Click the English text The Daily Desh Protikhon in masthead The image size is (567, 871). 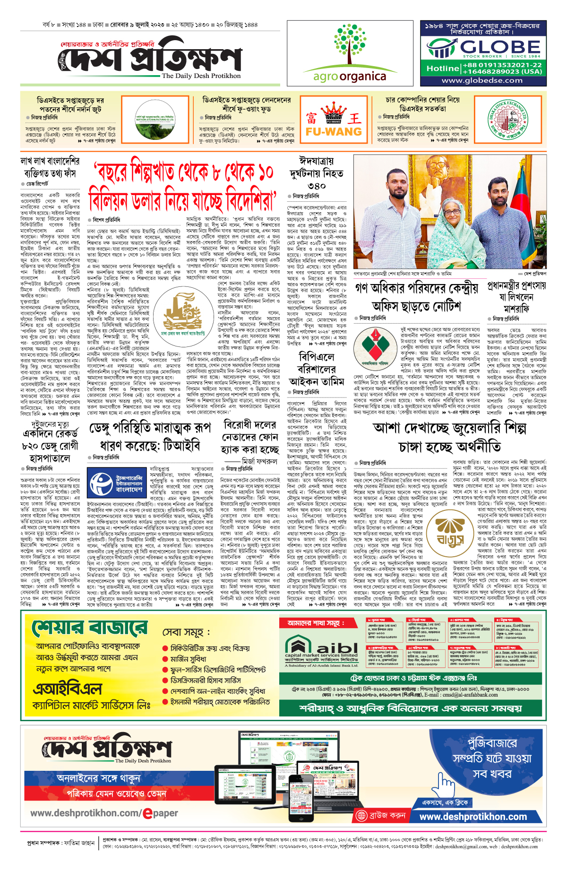(x=201, y=76)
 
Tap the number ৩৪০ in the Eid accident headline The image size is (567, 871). (x=316, y=185)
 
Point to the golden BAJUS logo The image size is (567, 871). (x=449, y=531)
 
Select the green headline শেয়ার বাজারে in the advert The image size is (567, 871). (x=90, y=629)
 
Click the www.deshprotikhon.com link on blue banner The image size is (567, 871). (x=472, y=817)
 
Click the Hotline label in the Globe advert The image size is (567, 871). (x=442, y=69)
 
